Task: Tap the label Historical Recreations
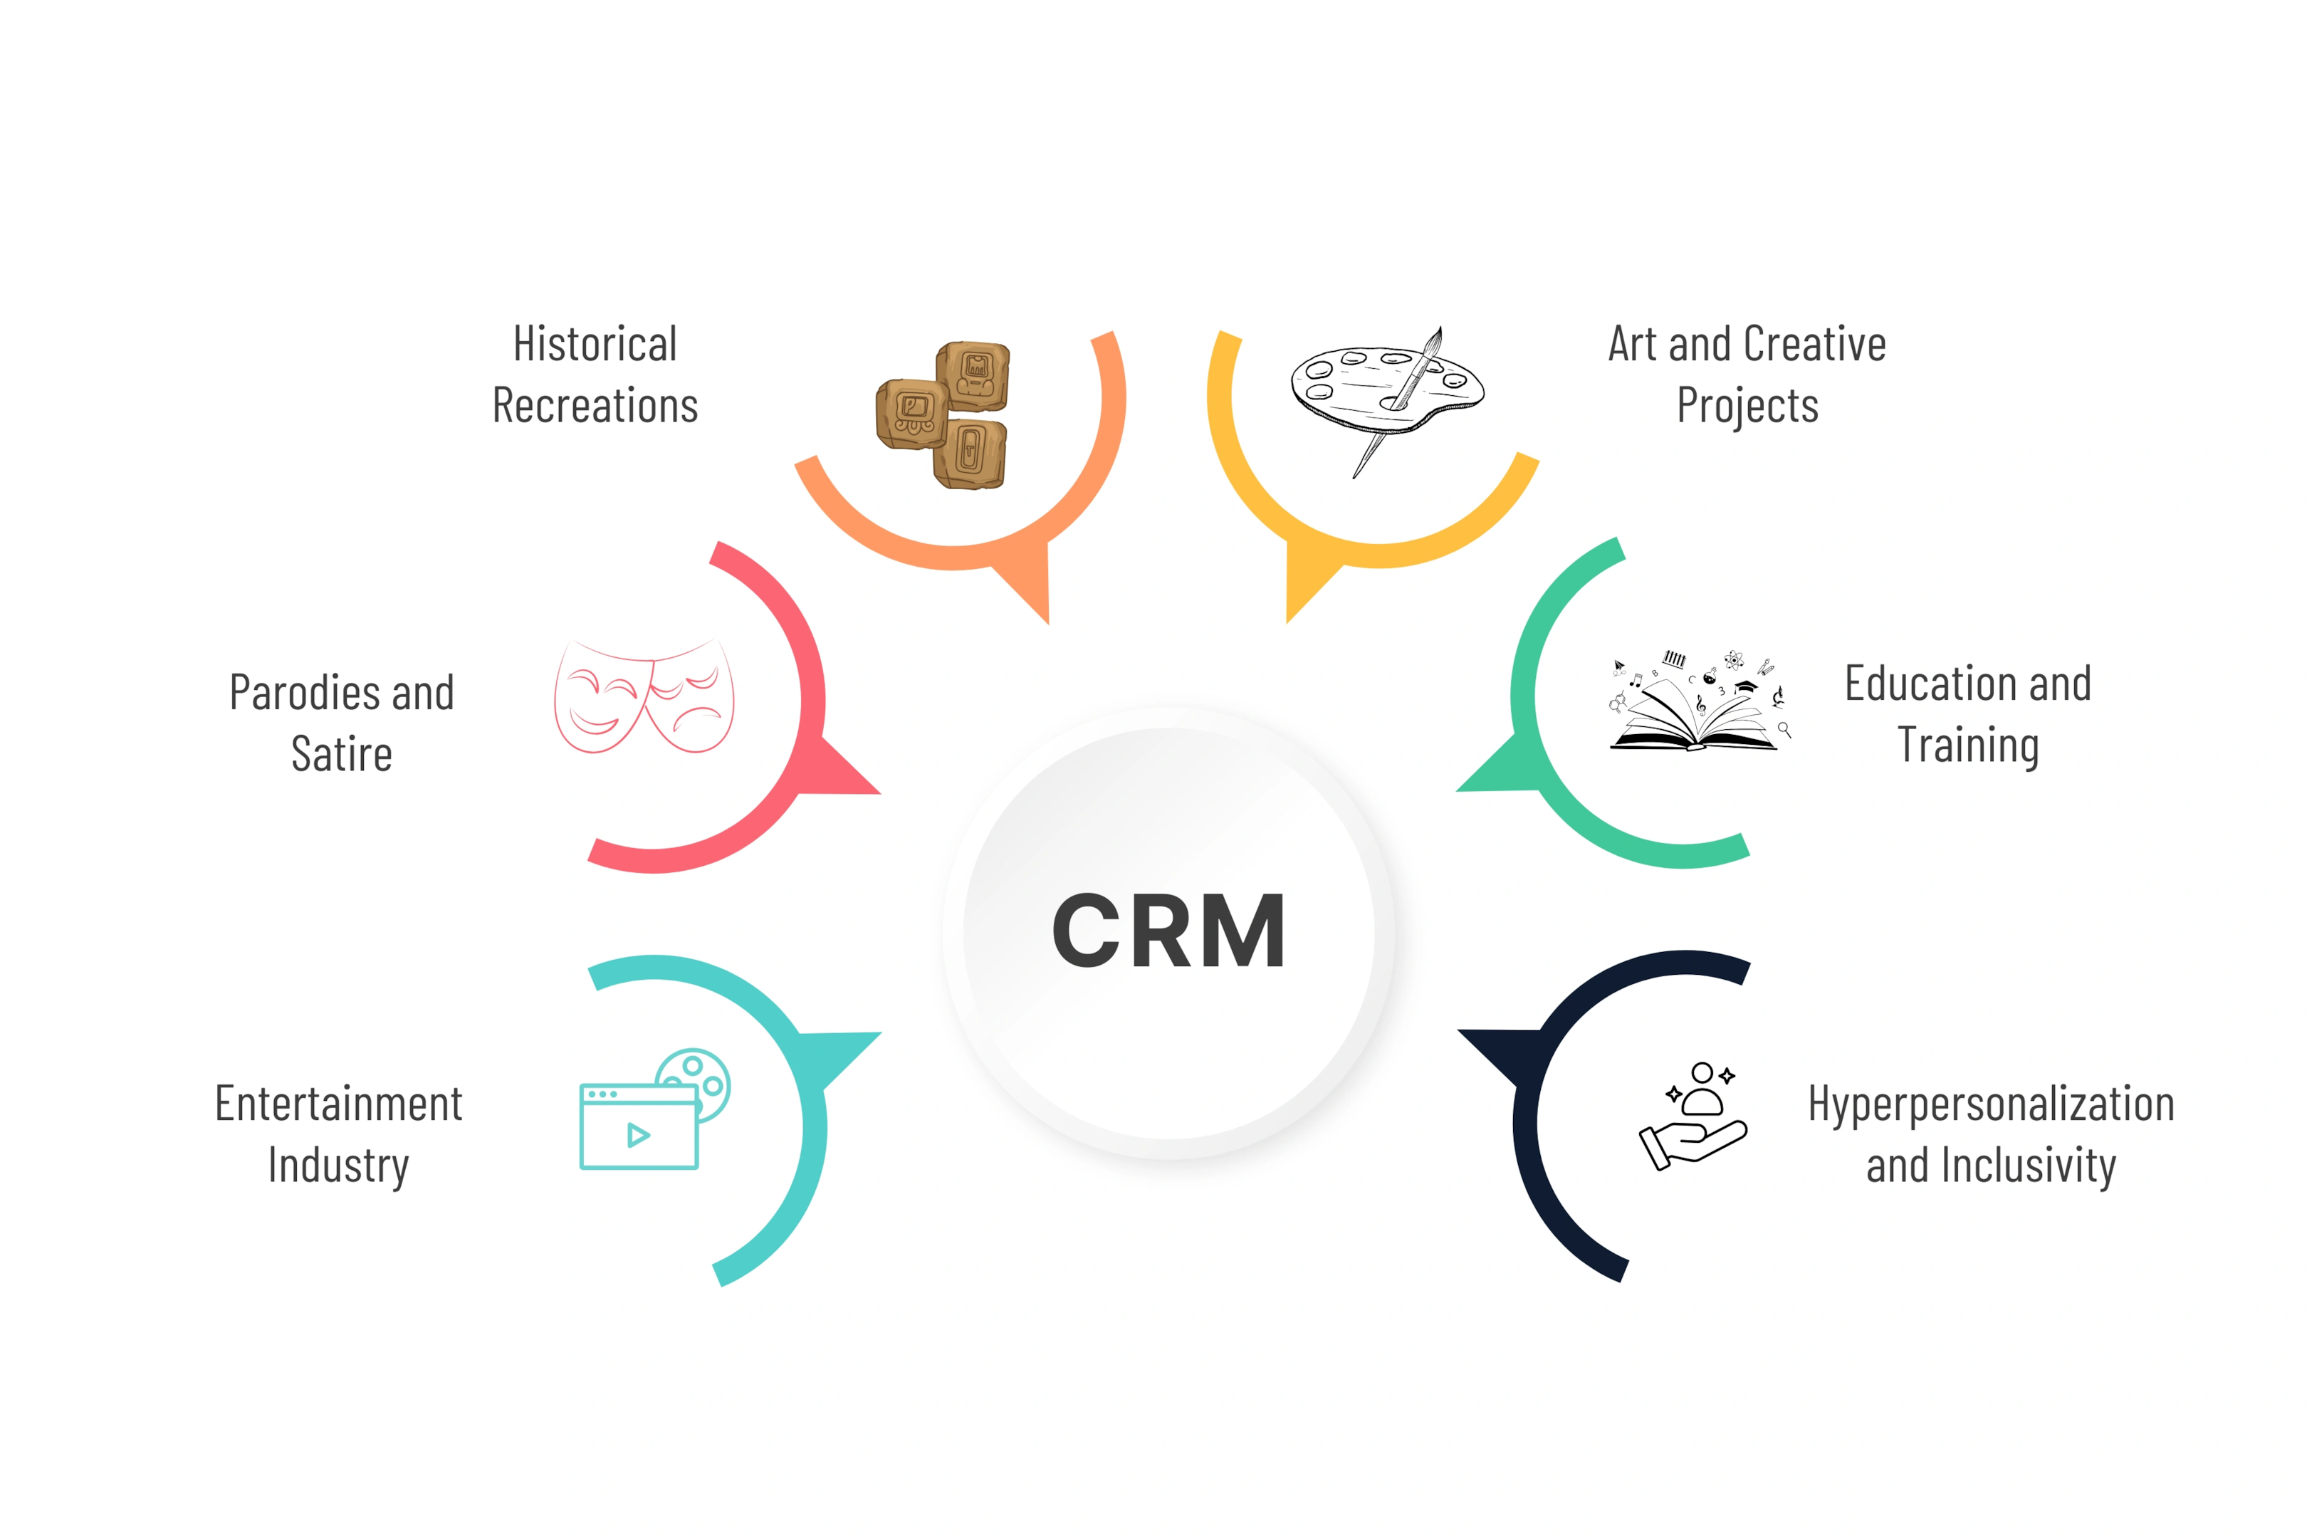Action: (595, 375)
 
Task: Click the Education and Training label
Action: (1967, 714)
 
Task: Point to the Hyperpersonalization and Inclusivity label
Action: (1991, 1135)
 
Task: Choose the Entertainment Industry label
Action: (338, 1135)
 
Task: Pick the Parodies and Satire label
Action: (341, 723)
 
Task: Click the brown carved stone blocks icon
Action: (943, 415)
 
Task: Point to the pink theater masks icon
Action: (644, 696)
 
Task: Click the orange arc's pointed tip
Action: (1049, 624)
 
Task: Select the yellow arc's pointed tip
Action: (1287, 623)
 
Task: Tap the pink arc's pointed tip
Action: (881, 793)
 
